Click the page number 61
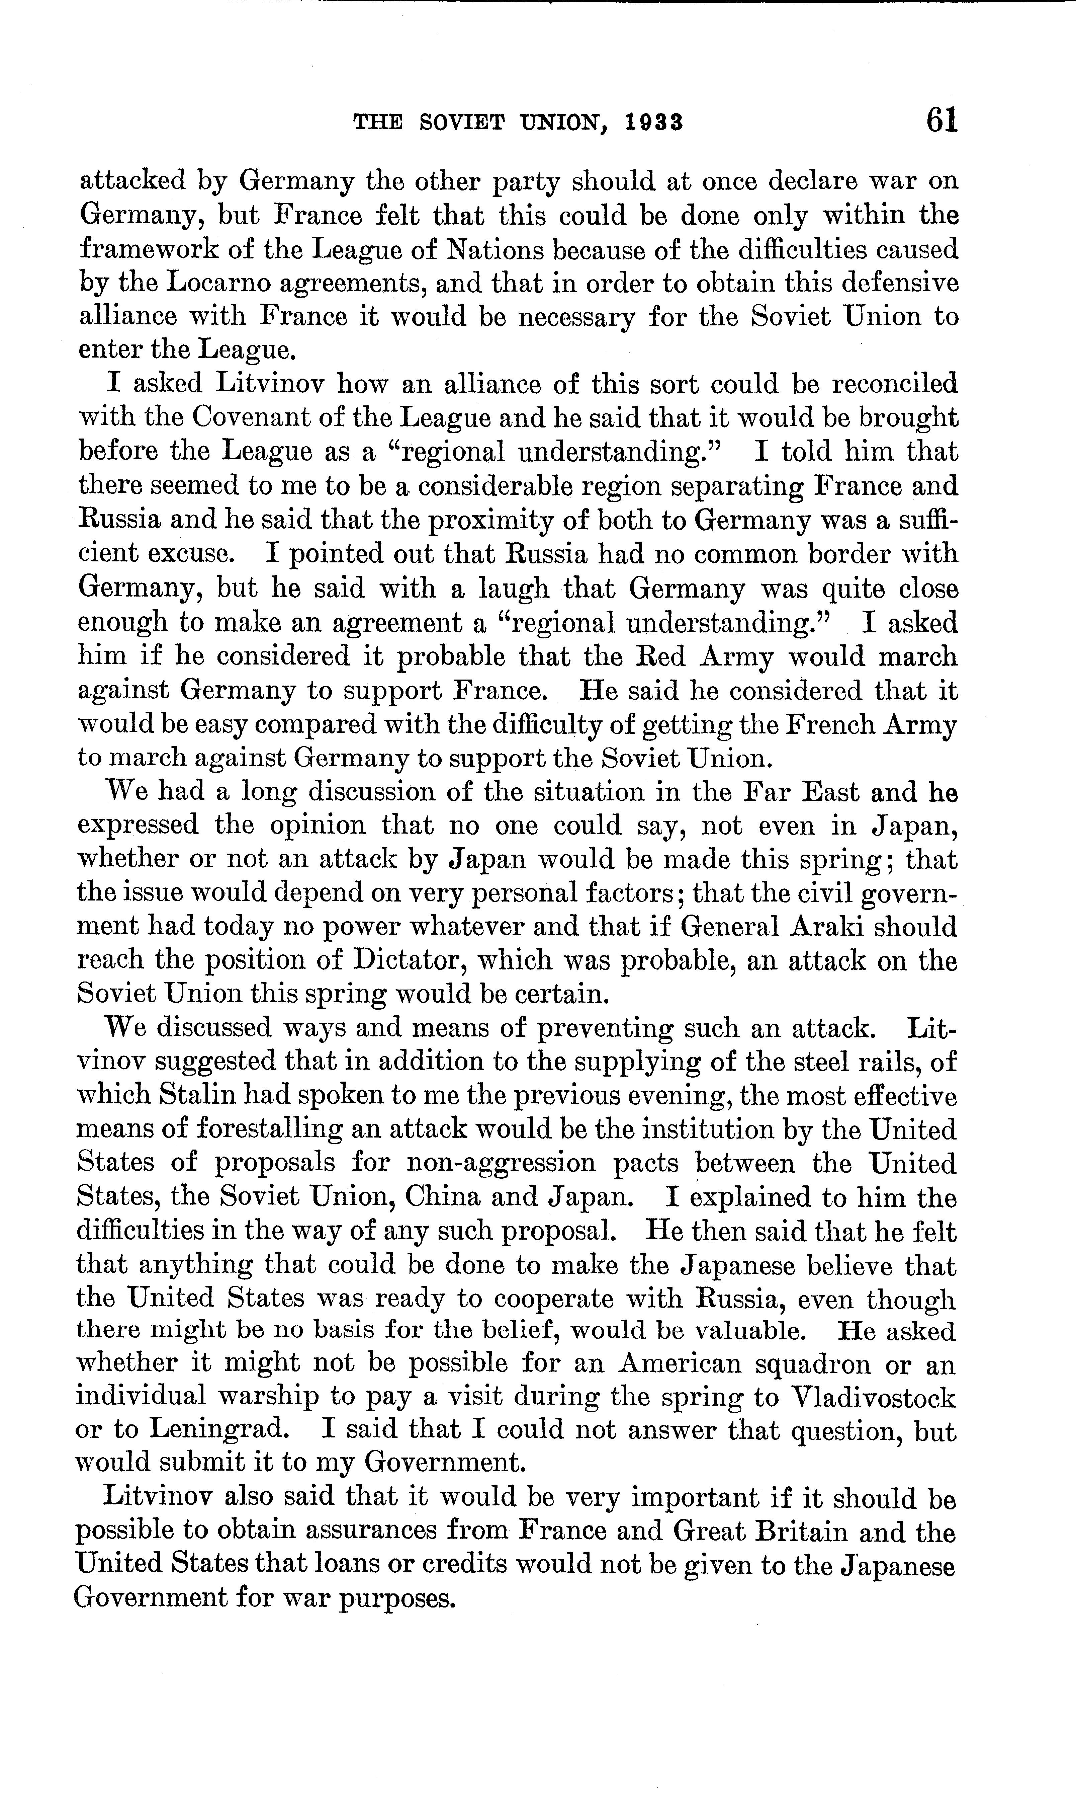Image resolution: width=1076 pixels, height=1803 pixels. [941, 121]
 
